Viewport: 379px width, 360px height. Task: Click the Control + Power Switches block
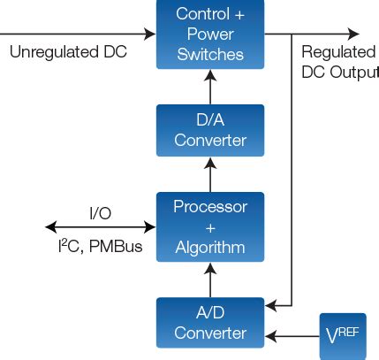(x=209, y=34)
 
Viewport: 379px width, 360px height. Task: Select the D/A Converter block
(x=209, y=130)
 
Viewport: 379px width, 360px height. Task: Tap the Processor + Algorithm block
(x=209, y=227)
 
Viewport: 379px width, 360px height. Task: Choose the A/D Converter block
(x=209, y=323)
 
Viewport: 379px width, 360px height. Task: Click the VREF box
(x=342, y=336)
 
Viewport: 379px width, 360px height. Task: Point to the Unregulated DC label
(x=68, y=52)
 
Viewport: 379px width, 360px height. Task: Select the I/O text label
(x=100, y=213)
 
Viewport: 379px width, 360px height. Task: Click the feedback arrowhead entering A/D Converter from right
(x=272, y=307)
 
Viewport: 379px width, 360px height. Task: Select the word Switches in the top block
(x=209, y=54)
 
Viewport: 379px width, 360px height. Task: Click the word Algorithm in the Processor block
(x=209, y=248)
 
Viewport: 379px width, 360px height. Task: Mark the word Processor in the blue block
(x=209, y=207)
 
